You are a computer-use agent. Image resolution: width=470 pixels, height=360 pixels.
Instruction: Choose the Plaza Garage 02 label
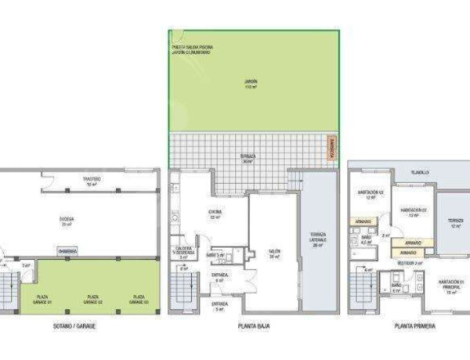click(92, 298)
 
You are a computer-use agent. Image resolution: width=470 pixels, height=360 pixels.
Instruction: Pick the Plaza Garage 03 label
click(139, 298)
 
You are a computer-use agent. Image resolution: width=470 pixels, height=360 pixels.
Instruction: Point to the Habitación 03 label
click(370, 194)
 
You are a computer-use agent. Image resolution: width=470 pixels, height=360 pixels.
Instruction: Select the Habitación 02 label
click(413, 212)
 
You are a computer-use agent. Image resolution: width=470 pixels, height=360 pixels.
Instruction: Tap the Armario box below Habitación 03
click(363, 221)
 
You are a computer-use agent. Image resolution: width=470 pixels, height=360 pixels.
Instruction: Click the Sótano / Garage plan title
click(76, 325)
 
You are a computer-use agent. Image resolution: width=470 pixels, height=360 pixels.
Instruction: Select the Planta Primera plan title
click(416, 325)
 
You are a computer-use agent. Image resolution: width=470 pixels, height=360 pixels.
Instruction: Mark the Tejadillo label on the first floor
click(421, 171)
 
